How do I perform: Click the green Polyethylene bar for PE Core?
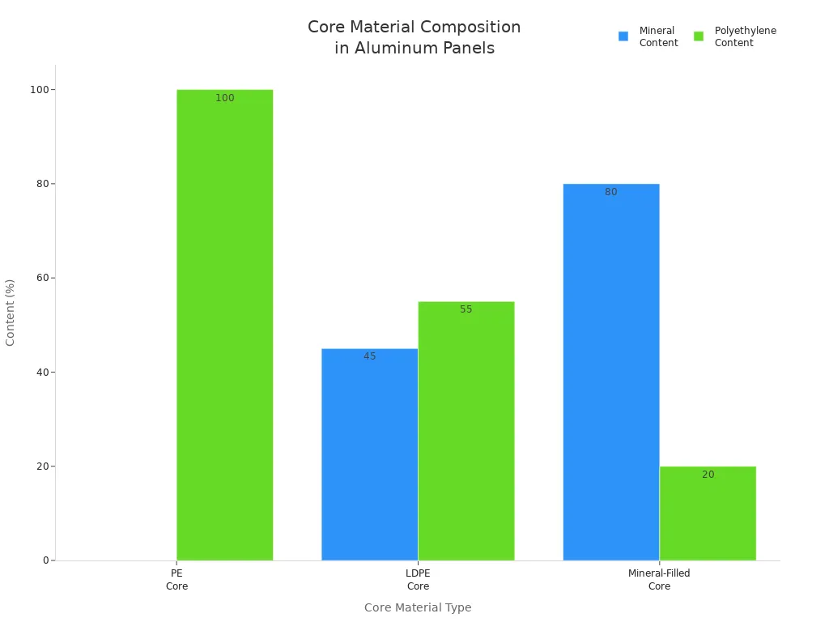pos(224,324)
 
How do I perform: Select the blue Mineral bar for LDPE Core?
pos(369,454)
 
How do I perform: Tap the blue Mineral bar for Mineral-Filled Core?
pos(610,373)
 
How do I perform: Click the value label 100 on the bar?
pos(224,98)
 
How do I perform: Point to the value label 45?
pos(369,356)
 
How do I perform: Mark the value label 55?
pos(466,309)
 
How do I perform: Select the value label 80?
pos(610,192)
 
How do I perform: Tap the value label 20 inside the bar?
pos(708,475)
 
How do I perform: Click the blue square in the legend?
pos(623,36)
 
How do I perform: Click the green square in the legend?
pos(699,36)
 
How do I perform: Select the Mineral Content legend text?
pos(658,36)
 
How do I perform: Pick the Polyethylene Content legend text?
pos(745,36)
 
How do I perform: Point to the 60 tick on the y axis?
pos(41,278)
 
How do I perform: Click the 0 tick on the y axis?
pos(47,560)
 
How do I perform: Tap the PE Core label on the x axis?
pos(176,580)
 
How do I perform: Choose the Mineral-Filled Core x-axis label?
pos(659,580)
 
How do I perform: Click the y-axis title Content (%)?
pos(11,313)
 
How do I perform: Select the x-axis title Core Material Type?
pos(417,607)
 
